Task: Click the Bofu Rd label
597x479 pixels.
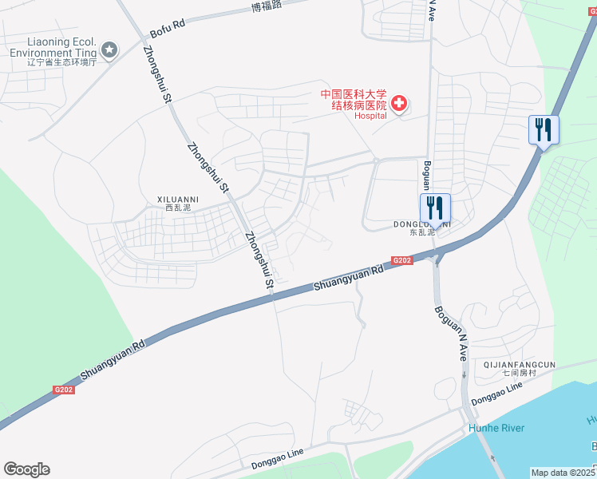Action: (168, 24)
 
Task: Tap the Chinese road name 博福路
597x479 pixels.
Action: (267, 7)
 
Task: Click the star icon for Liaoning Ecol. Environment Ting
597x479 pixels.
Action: (109, 50)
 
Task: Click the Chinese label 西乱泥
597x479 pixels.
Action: (178, 208)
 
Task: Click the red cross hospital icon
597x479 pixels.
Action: (398, 104)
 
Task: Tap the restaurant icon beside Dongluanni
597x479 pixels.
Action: (435, 208)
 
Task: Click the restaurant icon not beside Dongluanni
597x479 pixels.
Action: (544, 129)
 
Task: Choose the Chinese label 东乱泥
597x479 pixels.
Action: (421, 233)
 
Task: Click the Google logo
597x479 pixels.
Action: (26, 469)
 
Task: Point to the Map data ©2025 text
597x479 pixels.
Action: (563, 473)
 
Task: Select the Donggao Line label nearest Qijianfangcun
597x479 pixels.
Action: (496, 392)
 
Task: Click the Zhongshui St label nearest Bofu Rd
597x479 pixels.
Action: (158, 74)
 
